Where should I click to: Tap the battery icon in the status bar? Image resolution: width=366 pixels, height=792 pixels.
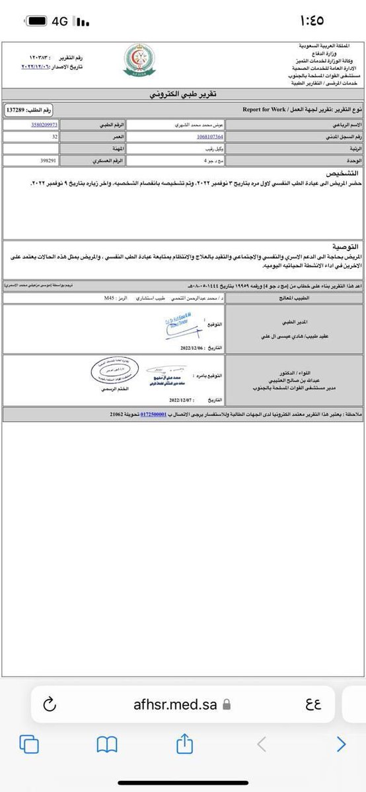(x=37, y=21)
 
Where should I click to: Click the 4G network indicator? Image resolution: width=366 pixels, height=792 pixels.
(x=60, y=21)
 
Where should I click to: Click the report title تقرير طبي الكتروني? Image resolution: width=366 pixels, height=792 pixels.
(x=183, y=94)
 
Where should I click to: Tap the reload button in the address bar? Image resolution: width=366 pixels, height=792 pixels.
(x=50, y=705)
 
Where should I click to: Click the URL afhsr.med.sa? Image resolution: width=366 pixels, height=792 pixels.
(x=174, y=705)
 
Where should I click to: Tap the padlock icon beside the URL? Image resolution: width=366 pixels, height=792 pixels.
(x=227, y=705)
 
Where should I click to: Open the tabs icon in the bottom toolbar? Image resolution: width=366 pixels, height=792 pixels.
(x=28, y=744)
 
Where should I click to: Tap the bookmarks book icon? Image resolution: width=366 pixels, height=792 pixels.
(x=106, y=744)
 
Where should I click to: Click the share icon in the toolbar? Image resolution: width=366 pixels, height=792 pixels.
(x=184, y=744)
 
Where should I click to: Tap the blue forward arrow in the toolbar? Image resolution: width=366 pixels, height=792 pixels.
(x=341, y=744)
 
